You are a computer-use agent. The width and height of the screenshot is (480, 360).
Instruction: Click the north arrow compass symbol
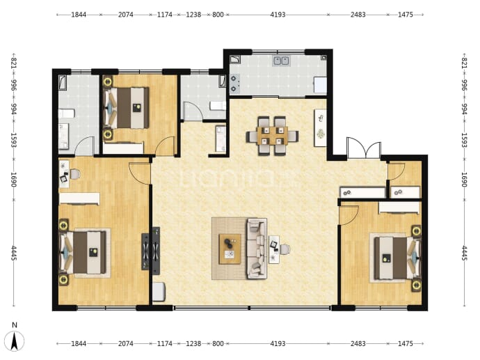point(15,341)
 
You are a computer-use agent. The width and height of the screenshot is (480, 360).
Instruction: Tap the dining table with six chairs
point(272,136)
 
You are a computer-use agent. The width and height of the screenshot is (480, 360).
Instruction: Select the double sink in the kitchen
point(281,61)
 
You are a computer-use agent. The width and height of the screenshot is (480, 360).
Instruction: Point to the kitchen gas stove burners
point(234,84)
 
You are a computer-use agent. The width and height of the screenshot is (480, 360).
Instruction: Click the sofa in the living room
point(257,248)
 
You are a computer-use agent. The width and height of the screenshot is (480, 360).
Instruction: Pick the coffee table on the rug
point(230,249)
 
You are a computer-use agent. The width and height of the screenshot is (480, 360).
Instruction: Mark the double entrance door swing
point(364,148)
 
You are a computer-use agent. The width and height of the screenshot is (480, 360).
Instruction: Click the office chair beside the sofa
point(285,249)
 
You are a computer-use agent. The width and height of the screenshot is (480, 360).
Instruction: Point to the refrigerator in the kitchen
point(320,85)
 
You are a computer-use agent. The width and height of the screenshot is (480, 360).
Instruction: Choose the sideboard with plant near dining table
point(320,127)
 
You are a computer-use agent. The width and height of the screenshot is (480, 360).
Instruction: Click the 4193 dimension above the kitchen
point(278,15)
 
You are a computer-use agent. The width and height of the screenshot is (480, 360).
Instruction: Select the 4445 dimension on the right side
point(464,253)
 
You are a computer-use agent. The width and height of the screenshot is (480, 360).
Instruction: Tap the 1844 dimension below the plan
point(79,343)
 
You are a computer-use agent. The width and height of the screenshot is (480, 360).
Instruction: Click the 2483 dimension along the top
point(358,15)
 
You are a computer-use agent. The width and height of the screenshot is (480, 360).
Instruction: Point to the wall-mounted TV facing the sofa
point(156,251)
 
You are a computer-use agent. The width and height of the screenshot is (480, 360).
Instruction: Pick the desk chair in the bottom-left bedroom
point(75,174)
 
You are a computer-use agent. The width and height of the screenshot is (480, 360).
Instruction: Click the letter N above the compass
point(15,325)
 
